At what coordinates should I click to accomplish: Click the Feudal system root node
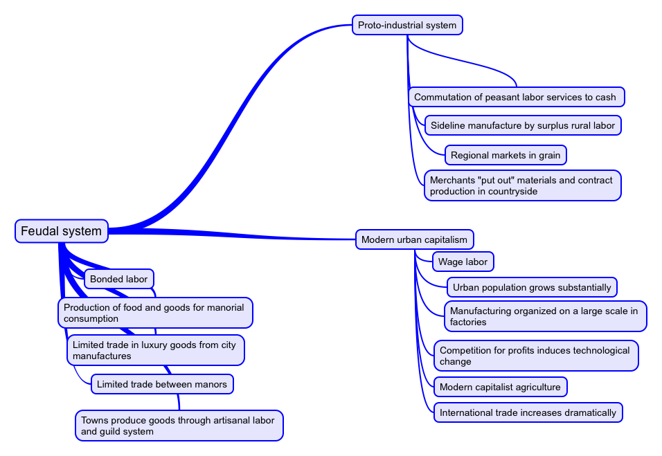point(62,231)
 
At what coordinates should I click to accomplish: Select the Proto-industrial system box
point(407,26)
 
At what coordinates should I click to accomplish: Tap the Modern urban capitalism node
point(414,240)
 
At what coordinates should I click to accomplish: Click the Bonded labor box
point(118,279)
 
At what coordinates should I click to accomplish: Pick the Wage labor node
point(463,262)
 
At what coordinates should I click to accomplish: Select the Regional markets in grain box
point(505,155)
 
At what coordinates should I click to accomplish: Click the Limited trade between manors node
point(161,384)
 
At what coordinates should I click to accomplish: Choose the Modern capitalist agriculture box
point(499,387)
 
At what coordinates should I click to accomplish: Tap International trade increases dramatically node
point(527,412)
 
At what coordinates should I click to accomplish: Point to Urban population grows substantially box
point(531,287)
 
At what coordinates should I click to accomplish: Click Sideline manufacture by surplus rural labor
point(522,125)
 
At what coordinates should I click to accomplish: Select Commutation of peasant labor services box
point(516,97)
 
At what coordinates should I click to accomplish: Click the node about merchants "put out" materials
point(521,185)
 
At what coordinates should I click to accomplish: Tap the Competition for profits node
point(535,356)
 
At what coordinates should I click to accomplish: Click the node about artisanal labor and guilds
point(178,426)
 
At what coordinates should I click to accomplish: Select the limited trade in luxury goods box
point(155,350)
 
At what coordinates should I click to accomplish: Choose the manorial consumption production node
point(154,313)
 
